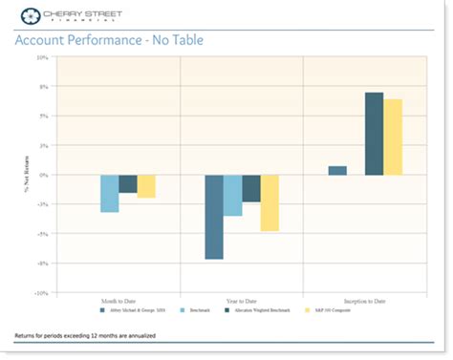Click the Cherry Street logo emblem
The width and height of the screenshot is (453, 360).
coord(30,15)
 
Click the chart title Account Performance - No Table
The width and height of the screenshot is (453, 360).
coord(109,40)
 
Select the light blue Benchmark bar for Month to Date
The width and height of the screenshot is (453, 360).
coord(110,193)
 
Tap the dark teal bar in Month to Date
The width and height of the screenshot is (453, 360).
coord(128,183)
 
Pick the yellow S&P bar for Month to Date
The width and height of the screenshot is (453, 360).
coord(146,186)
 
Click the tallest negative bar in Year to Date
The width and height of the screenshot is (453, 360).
coord(214,217)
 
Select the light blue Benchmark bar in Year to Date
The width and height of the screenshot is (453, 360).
coord(232,196)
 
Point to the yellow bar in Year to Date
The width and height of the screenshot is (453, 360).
coord(270,202)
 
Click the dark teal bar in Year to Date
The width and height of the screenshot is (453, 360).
coord(251,188)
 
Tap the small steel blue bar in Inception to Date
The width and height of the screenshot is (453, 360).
coord(337,170)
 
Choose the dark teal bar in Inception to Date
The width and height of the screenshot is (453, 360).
coord(374,134)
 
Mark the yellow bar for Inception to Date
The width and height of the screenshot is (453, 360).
coord(393,137)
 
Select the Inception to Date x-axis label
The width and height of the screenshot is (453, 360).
coord(364,300)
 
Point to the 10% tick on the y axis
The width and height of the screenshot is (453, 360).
coord(42,57)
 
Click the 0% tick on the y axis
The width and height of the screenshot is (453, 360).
coord(44,175)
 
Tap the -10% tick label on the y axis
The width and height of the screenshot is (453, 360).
coord(41,293)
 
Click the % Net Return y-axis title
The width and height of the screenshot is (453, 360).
coord(28,175)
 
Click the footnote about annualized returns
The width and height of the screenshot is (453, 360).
coord(86,337)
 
